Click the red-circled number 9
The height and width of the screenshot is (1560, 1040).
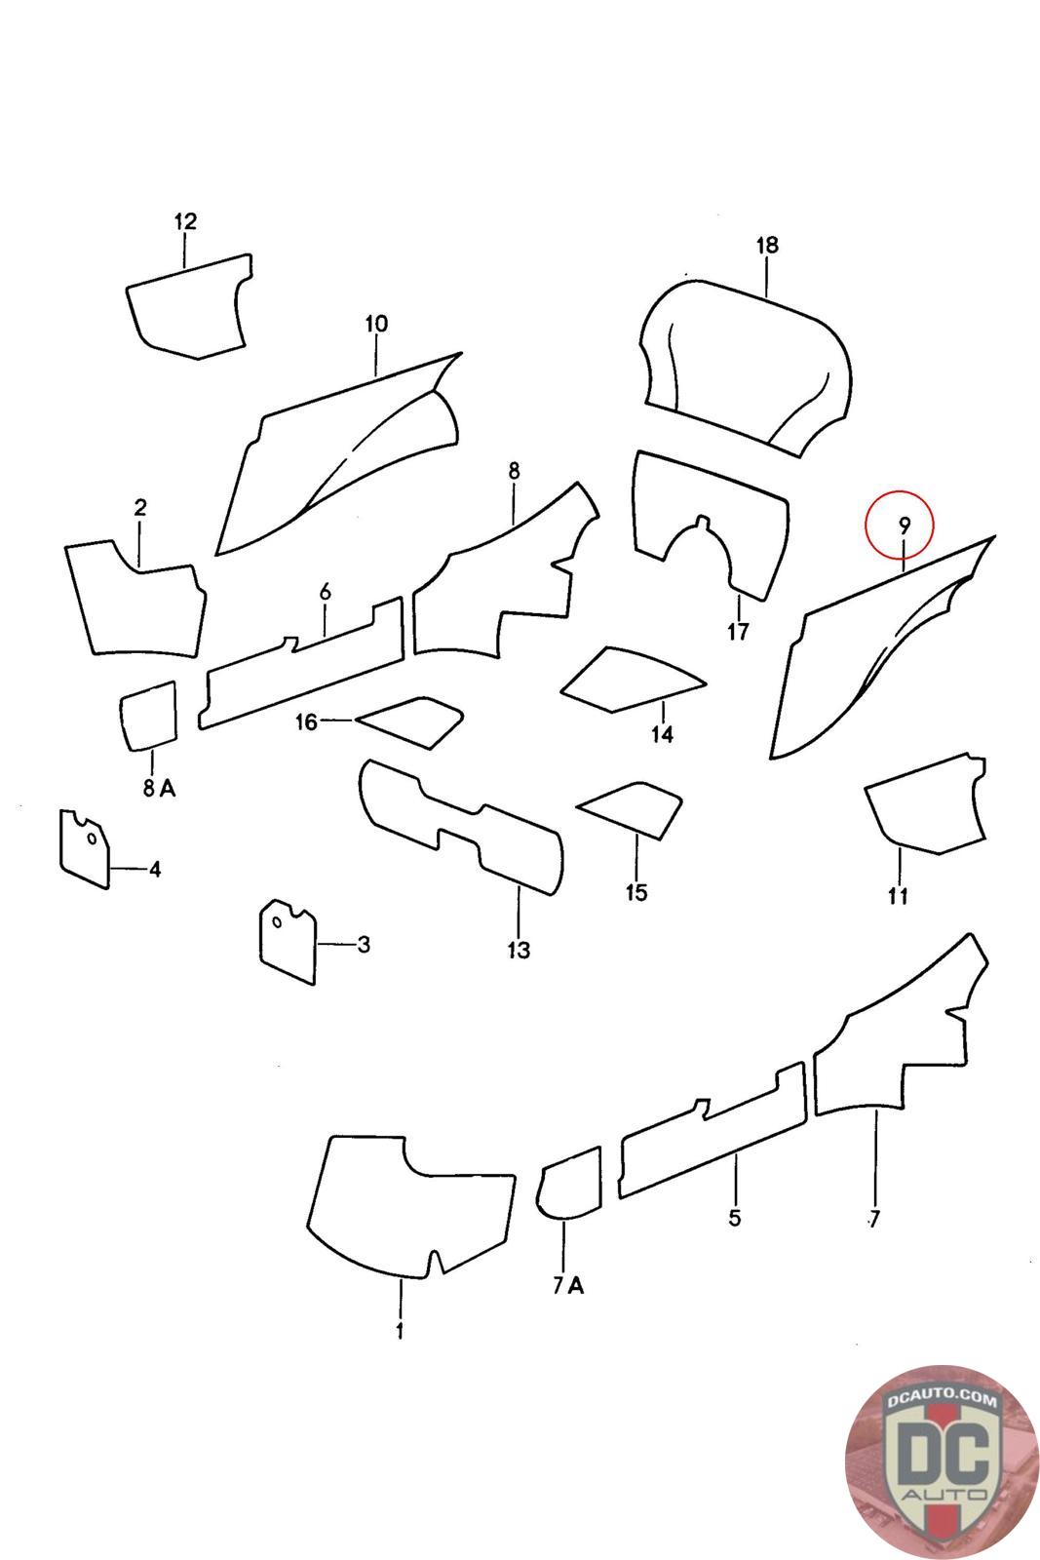click(904, 526)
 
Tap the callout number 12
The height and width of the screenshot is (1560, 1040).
click(185, 221)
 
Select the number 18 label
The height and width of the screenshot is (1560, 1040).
click(766, 245)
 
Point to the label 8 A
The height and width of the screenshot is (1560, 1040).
click(159, 789)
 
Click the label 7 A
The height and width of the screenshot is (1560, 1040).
click(568, 1286)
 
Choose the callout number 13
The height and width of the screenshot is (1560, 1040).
click(519, 950)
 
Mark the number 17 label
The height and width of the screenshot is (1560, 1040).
click(738, 632)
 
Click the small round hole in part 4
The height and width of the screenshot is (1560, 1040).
click(92, 838)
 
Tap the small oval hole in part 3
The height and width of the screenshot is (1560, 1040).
click(277, 923)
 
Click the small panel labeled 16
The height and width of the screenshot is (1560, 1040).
click(410, 722)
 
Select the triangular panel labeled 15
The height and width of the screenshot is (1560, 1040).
click(630, 810)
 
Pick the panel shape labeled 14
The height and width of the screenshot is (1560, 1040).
click(632, 679)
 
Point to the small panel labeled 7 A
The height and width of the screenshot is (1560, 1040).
click(568, 1184)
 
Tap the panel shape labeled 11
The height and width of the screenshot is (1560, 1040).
click(927, 804)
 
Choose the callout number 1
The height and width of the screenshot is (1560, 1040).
click(401, 1331)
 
